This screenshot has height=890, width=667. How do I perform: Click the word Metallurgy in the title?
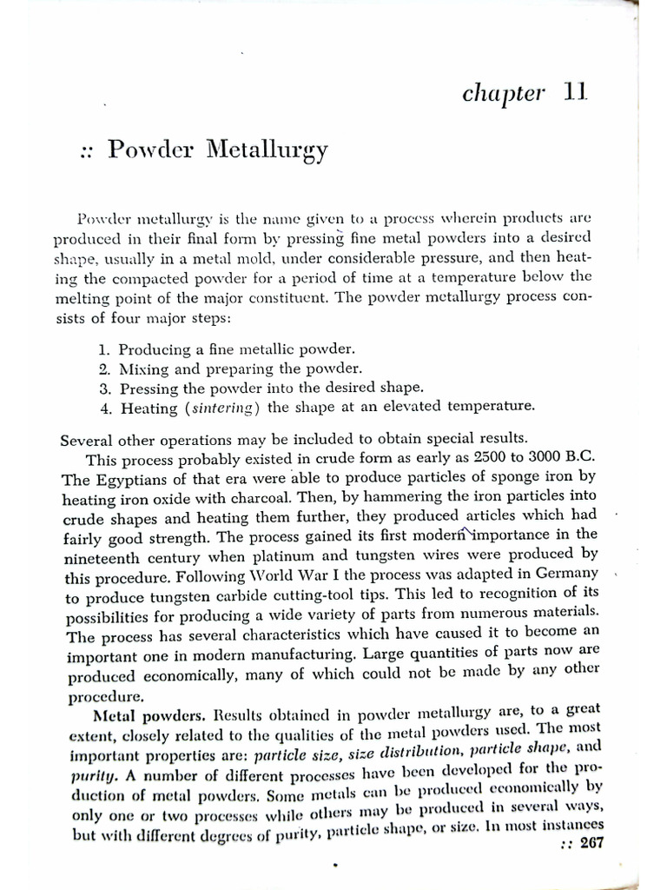click(267, 151)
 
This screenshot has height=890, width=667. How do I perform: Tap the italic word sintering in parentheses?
click(221, 407)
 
